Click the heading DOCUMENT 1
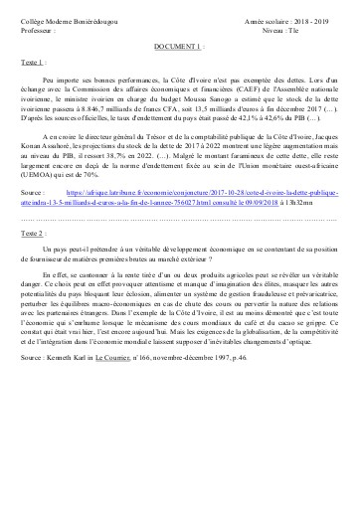click(179, 46)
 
